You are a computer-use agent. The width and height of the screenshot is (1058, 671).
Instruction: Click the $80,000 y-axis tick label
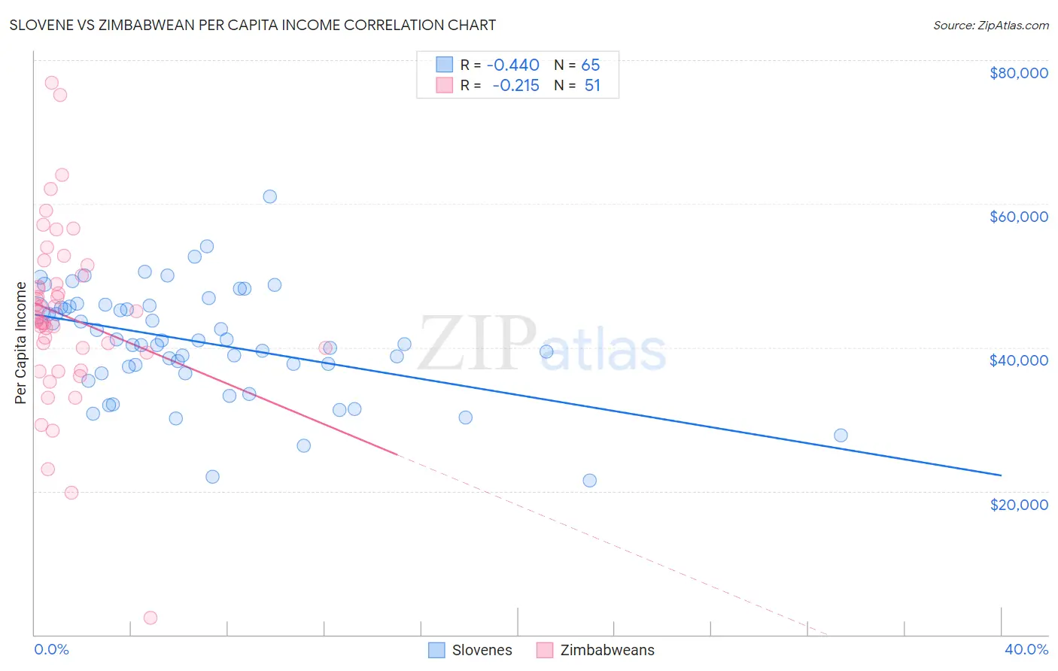[1018, 73]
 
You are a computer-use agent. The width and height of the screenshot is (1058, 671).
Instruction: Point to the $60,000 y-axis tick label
[1018, 217]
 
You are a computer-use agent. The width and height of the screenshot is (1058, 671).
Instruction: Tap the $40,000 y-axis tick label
[1018, 360]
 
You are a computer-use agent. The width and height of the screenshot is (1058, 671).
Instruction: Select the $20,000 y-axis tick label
[1018, 504]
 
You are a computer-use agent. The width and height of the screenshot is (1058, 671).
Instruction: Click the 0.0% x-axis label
[51, 650]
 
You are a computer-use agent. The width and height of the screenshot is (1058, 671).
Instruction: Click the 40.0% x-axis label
[1026, 650]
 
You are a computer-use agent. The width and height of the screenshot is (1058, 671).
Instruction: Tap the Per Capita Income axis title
[21, 342]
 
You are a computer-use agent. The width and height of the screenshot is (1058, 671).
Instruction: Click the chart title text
[253, 25]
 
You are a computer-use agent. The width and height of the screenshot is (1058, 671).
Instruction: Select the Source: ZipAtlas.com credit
[990, 26]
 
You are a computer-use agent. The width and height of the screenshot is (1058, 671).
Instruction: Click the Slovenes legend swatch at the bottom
[436, 650]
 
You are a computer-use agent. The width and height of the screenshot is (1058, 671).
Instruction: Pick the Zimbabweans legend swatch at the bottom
[545, 650]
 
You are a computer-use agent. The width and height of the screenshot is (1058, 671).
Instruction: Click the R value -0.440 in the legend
[512, 65]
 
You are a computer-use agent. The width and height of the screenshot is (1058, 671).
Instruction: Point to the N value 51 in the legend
[592, 86]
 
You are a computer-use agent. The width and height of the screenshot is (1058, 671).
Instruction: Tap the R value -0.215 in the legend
[515, 86]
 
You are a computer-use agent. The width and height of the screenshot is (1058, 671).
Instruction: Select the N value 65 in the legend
[591, 65]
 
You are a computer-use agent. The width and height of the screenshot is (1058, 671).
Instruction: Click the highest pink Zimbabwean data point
[52, 83]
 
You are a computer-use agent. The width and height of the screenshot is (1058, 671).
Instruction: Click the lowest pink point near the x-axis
[150, 618]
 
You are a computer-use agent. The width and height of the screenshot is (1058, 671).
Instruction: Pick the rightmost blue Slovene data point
[841, 436]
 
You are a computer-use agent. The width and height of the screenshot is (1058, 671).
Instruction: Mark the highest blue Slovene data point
[269, 196]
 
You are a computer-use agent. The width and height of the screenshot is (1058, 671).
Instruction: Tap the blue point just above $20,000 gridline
[589, 481]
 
